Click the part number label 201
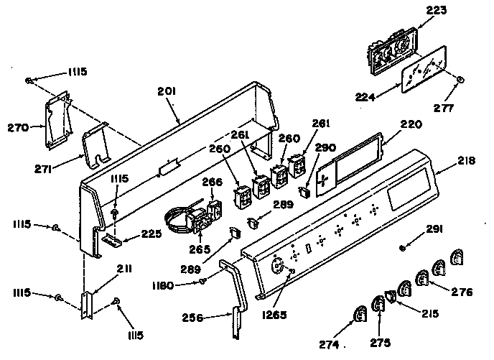(x=167, y=91)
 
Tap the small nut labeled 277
(x=460, y=79)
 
